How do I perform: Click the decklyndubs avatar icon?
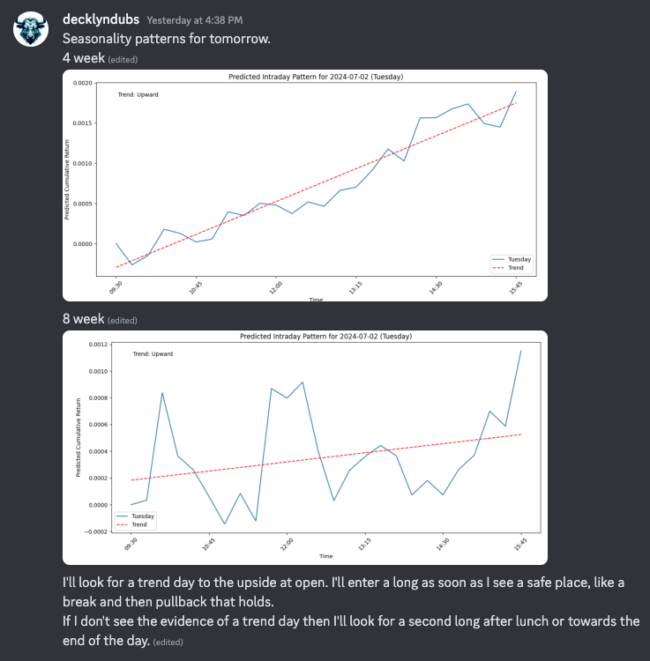(31, 30)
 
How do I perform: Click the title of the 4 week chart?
(316, 77)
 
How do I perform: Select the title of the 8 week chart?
(325, 337)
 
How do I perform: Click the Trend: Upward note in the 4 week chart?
(138, 94)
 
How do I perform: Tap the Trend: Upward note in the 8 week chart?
(153, 353)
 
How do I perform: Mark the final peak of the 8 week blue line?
(521, 351)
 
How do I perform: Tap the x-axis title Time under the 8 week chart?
(325, 556)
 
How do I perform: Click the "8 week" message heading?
(83, 318)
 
